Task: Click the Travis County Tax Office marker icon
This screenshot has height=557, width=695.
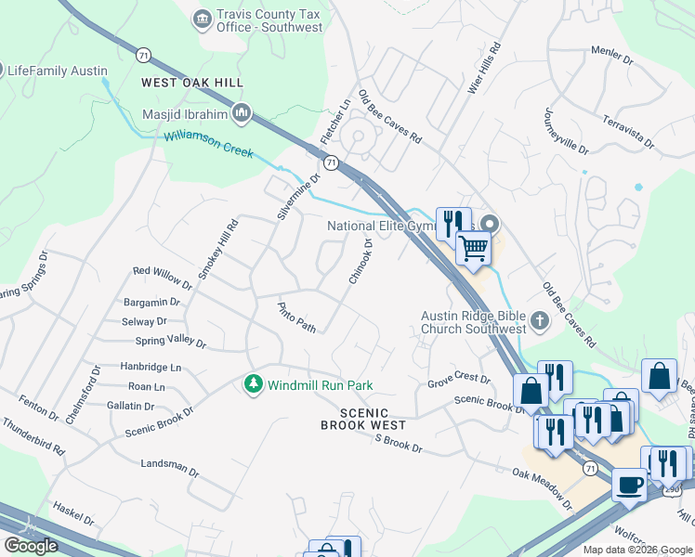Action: pos(201,19)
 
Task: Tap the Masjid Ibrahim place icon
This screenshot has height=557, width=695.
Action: pos(243,113)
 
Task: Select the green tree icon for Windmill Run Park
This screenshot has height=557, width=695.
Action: pos(252,383)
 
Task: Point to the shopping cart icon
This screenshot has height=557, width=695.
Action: pos(474,248)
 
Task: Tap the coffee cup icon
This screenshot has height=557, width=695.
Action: pos(629,485)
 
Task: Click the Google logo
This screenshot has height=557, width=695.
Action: pos(31,545)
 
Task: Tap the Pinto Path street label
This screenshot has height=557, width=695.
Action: pos(297,317)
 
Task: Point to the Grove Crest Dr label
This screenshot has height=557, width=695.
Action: pos(458,380)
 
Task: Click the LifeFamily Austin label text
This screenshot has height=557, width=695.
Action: pos(58,71)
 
